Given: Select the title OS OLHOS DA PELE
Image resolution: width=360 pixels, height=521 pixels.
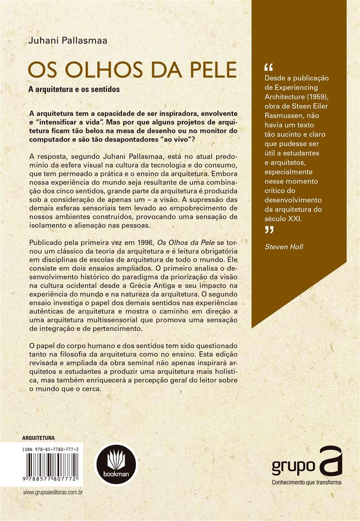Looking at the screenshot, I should pos(132,71).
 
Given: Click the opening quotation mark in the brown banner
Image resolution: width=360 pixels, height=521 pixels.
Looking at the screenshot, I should pos(268,68).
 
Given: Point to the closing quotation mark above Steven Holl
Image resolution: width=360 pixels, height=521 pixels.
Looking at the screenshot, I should pos(269,231).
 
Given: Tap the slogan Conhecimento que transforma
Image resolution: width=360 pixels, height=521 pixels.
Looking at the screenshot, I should pos(307,482).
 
